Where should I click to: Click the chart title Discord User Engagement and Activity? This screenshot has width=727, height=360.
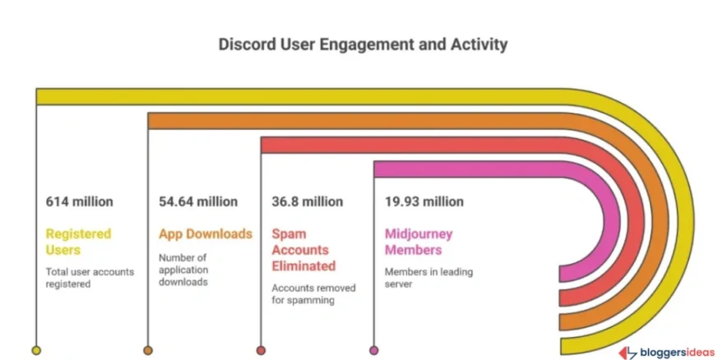coord(363,44)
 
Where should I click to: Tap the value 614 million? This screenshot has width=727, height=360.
coord(80,201)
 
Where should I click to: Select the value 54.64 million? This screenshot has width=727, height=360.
coord(198,201)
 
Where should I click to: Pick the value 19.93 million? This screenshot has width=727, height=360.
coord(424,201)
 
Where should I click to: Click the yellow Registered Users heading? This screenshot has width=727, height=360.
coord(77,242)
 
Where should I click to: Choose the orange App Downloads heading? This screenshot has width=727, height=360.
coord(206,233)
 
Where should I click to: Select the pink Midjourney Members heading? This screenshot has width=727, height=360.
coord(419,242)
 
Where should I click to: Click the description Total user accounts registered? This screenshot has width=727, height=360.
coord(90,278)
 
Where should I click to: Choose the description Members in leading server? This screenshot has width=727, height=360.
coord(428,278)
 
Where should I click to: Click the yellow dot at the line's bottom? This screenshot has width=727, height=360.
coord(36,350)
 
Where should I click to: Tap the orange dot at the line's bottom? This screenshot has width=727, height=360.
coord(148,350)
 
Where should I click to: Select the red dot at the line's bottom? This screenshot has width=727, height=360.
coord(261,350)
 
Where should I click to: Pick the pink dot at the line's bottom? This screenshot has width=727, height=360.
coord(374,350)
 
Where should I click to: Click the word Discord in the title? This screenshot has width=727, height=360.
coord(244,44)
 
